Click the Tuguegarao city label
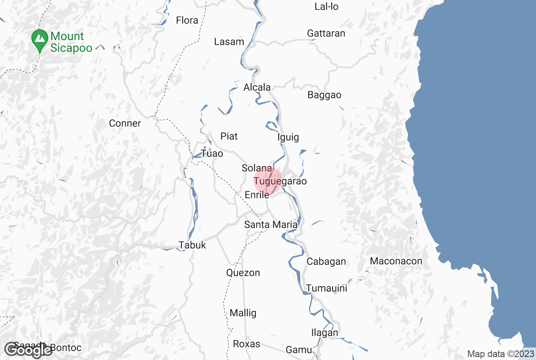[280, 181]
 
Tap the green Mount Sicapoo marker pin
[40, 39]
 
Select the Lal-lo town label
[326, 7]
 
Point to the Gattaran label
[326, 33]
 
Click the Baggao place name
[324, 95]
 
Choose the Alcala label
[257, 87]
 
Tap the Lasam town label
[229, 42]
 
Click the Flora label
[187, 21]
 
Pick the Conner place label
[125, 123]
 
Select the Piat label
[229, 136]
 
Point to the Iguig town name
[288, 137]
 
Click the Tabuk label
[192, 245]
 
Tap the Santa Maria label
[271, 225]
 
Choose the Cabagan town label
[326, 262]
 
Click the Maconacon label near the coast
[396, 261]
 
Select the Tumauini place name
[326, 288]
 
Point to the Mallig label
[243, 313]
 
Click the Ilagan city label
[325, 333]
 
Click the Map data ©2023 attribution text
[500, 354]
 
